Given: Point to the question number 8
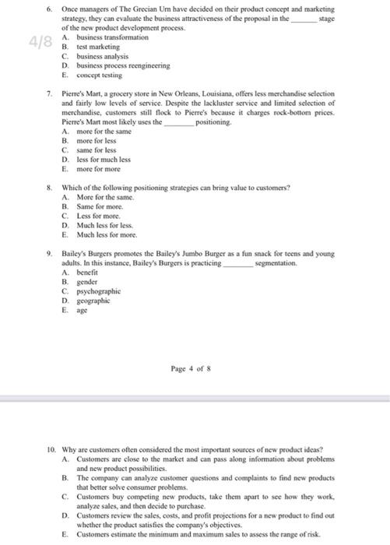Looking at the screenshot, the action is point(48,188).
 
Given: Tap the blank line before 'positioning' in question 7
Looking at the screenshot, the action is point(179,122).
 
